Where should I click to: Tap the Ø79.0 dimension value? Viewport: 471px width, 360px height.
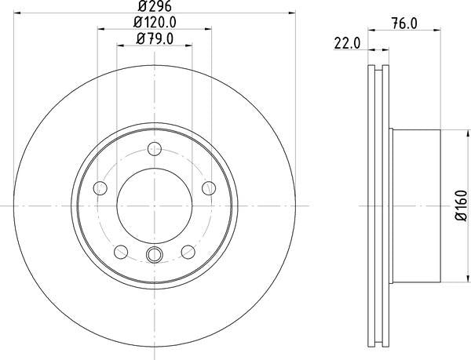point(155,38)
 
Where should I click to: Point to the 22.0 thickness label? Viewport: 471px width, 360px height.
point(346,45)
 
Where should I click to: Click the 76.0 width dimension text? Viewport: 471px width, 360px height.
point(403,25)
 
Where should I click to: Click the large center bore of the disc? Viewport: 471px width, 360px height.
point(155,205)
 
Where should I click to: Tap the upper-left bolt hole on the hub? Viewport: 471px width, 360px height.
point(100,188)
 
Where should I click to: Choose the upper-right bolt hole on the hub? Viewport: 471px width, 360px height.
point(210,188)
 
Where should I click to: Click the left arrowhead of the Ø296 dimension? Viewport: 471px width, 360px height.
point(19,13)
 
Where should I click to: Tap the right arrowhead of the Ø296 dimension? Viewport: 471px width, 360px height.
point(292,13)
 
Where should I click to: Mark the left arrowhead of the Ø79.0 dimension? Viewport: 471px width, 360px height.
point(120,45)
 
